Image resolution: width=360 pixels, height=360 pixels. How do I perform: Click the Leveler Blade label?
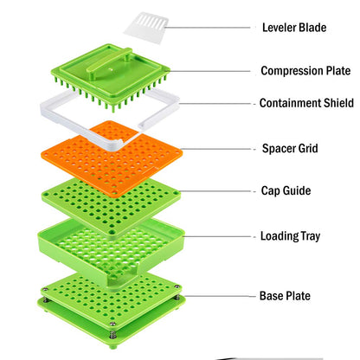coord(294,28)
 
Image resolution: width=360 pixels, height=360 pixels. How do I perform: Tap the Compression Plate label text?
coord(305,71)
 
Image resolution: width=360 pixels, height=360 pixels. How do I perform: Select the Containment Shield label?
coord(306,103)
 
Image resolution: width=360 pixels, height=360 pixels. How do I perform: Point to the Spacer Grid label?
coord(290,149)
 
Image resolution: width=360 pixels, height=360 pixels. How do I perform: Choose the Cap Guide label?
coord(286,190)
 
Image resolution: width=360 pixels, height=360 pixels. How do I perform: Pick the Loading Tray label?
coord(291,236)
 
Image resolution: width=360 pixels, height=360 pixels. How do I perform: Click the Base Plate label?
coord(285,296)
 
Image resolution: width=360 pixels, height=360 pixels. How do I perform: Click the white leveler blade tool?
coord(146,28)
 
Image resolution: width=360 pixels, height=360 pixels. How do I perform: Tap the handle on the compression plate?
coord(109,62)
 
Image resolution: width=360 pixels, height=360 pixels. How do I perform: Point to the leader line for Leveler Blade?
coord(207,28)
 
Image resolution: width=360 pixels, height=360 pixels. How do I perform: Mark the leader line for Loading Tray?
coord(218,236)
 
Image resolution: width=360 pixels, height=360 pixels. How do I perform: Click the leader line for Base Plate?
coord(220,296)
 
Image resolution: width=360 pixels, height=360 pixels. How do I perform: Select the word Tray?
coord(311,236)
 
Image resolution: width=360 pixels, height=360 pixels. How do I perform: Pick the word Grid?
coord(308,148)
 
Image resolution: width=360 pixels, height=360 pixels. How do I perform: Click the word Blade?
coord(312,28)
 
